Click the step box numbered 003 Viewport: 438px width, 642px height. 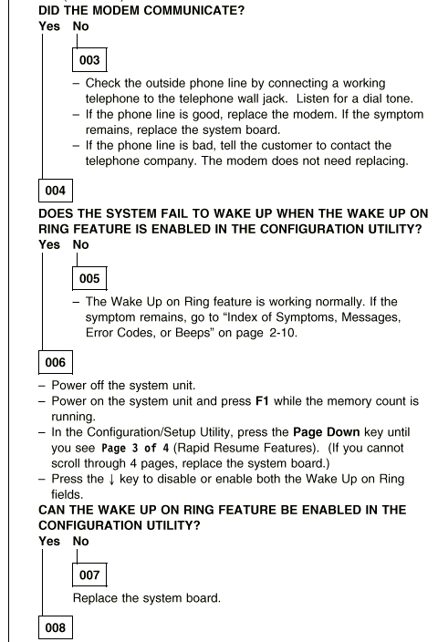[x=89, y=60]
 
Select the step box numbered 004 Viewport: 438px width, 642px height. [x=56, y=191]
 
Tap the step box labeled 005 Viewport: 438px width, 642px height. [x=89, y=278]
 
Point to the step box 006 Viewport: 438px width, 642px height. [x=56, y=362]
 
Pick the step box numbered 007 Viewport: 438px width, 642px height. [x=89, y=575]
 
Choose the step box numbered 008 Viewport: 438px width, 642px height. [x=56, y=627]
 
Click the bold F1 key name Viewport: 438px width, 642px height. [x=262, y=401]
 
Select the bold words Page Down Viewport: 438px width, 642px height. [x=327, y=432]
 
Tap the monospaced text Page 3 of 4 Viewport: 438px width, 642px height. [x=135, y=448]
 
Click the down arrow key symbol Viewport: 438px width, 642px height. [x=111, y=480]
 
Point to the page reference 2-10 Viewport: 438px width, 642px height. [x=283, y=333]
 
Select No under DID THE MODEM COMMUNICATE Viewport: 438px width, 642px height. [x=80, y=26]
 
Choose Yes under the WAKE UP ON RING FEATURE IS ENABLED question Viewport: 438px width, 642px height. [x=49, y=244]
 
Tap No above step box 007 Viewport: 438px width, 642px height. [x=80, y=542]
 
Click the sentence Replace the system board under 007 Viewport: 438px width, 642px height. [x=147, y=598]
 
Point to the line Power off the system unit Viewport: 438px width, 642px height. [x=123, y=386]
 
